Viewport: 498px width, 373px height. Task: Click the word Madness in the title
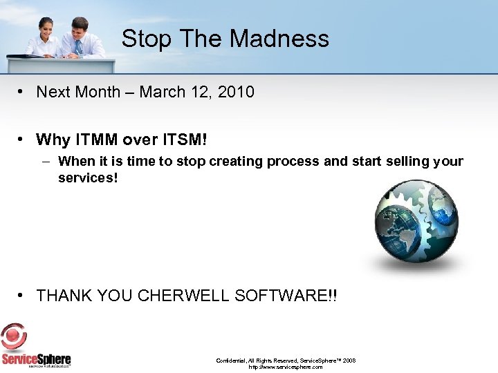(x=280, y=39)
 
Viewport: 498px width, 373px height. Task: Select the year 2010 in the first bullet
(x=236, y=92)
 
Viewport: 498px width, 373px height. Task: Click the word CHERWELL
(x=184, y=296)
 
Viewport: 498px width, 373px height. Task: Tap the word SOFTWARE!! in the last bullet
(x=286, y=296)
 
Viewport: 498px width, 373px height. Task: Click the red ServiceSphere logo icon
(x=14, y=337)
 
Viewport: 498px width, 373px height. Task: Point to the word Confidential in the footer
(x=232, y=361)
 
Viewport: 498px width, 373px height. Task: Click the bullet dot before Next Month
(x=23, y=91)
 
